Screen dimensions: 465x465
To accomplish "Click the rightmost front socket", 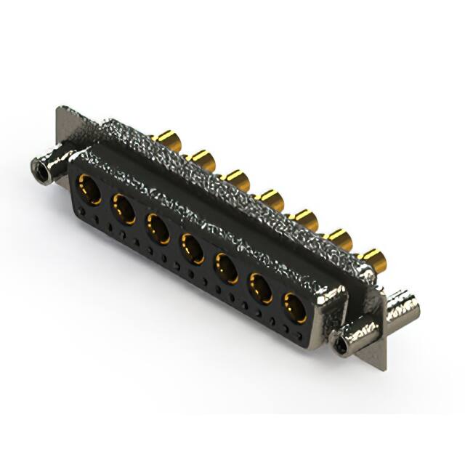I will [294, 307].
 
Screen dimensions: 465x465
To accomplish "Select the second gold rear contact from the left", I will [203, 158].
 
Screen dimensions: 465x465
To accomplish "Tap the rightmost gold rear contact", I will [373, 257].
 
